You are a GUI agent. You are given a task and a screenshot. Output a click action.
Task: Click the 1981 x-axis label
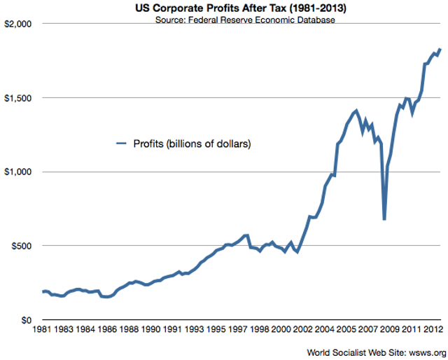(41, 328)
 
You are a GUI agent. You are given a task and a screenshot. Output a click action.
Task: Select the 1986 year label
(106, 328)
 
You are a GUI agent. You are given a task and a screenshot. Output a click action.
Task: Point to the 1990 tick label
(150, 328)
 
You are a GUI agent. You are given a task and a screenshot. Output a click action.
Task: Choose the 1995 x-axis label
(215, 328)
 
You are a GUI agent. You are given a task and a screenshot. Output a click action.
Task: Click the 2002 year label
(302, 328)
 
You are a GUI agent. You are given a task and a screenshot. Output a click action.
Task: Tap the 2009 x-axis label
(388, 328)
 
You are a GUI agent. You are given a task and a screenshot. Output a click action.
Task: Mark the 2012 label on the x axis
(432, 328)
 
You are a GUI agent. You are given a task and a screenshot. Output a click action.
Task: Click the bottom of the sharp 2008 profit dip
(384, 219)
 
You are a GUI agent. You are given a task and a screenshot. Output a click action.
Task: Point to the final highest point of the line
(440, 50)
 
